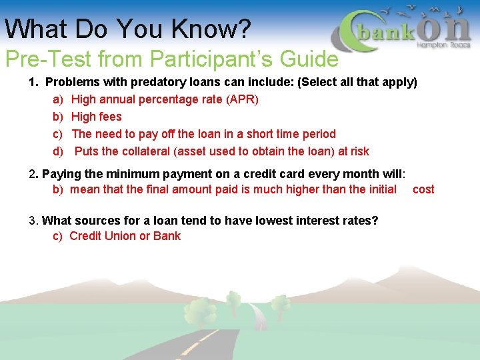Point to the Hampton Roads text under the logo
pos(443,45)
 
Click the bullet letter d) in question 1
pos(58,151)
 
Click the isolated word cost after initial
pos(423,189)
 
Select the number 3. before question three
pos(33,221)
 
